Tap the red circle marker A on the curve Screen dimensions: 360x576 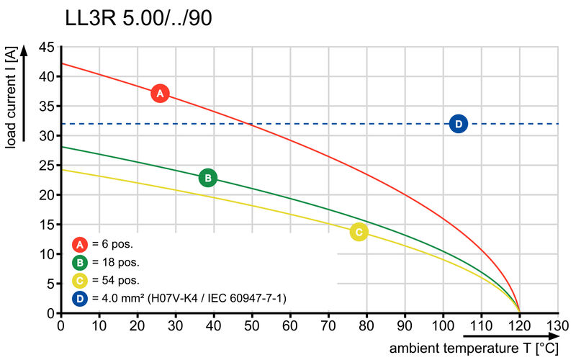(160, 94)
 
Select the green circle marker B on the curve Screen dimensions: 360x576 (207, 178)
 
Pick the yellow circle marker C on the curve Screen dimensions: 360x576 (359, 232)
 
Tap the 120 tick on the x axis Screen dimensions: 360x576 (520, 326)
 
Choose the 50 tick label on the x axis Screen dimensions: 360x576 (252, 326)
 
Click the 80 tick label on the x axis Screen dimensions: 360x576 (366, 326)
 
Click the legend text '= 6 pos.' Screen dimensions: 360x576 (112, 244)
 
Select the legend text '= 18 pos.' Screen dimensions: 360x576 (115, 262)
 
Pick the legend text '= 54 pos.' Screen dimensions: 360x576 (115, 280)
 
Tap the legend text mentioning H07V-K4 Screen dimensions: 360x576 (188, 297)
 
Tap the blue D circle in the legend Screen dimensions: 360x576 (80, 297)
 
